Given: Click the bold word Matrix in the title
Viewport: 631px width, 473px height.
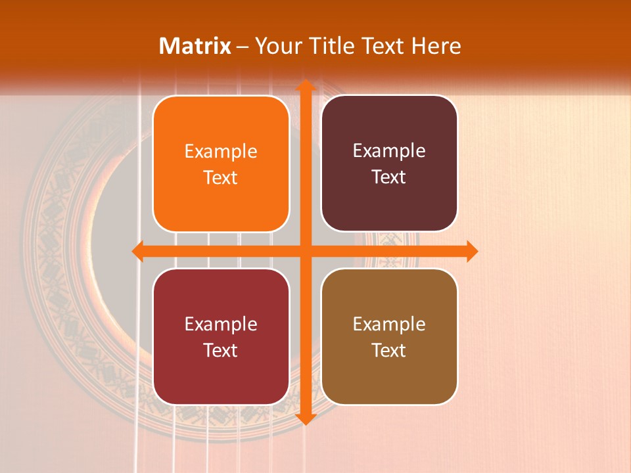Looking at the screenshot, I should click(x=195, y=46).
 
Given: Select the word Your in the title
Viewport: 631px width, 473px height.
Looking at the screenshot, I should click(x=277, y=46).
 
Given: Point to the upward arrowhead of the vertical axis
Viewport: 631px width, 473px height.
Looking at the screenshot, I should click(x=306, y=85).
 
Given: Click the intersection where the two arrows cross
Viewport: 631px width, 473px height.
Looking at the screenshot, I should click(x=306, y=251).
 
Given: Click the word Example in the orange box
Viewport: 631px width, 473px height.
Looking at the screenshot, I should click(x=221, y=151).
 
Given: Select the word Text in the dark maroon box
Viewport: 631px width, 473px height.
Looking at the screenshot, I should click(x=389, y=177).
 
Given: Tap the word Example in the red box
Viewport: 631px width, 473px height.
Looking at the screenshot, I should click(x=221, y=324).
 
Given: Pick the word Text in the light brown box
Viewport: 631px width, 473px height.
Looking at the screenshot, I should click(x=389, y=350).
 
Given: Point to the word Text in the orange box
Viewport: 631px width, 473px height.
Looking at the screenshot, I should click(x=221, y=178).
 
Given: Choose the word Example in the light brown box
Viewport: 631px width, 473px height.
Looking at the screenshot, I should click(x=389, y=324).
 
